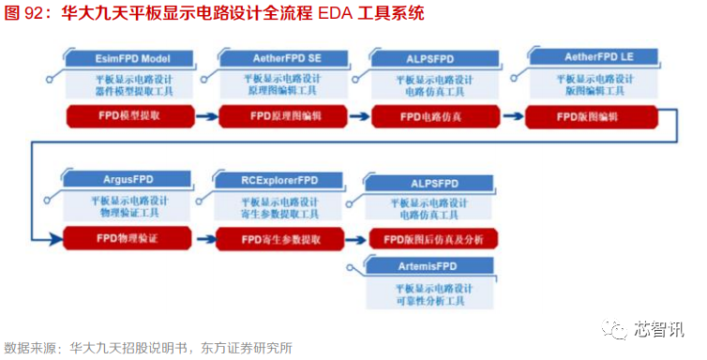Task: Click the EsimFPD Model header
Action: point(131,58)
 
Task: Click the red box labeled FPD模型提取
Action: point(130,117)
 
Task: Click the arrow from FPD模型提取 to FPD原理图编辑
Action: point(208,117)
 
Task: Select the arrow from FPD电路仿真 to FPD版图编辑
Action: point(514,117)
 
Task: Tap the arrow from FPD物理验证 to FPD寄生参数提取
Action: point(203,239)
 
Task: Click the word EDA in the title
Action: point(333,14)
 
